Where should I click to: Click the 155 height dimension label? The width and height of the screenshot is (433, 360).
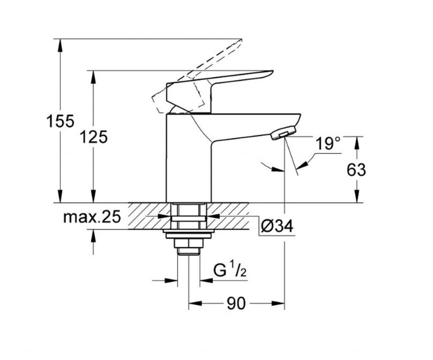pyautogui.click(x=60, y=121)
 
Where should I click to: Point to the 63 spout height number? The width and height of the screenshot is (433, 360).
pyautogui.click(x=356, y=170)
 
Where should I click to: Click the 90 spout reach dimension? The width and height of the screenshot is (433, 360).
pyautogui.click(x=236, y=303)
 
